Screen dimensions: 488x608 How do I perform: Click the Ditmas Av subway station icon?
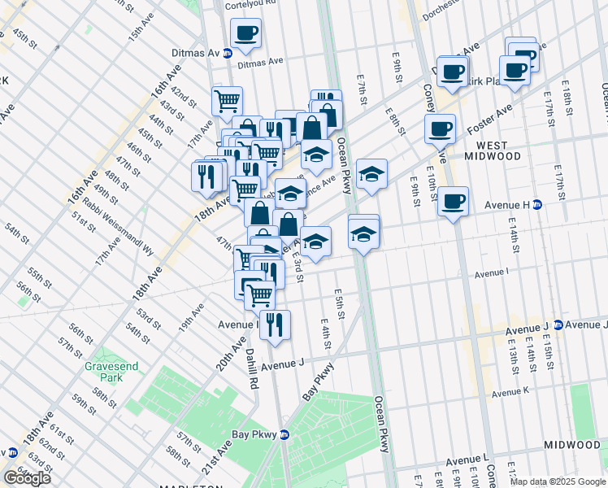point(228,53)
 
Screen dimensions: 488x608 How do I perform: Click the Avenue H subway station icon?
point(537,204)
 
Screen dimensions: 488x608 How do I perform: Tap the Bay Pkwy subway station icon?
point(284,434)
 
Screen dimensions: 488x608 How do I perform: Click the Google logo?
point(26,477)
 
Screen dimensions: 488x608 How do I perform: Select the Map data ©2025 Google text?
point(558,481)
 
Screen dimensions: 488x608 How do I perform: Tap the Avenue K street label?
point(509,390)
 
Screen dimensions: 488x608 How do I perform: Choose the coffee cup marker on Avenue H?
point(453,200)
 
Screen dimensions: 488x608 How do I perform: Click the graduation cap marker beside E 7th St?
point(371,174)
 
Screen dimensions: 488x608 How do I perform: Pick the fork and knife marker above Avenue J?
point(275,325)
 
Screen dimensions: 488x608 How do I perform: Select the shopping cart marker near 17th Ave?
point(228,101)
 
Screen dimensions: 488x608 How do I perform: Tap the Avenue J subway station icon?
point(558,325)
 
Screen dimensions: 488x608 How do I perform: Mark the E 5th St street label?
point(339,303)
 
